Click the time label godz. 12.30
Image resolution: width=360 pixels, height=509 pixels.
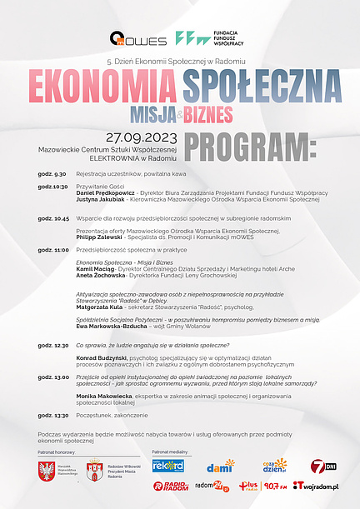point(52,344)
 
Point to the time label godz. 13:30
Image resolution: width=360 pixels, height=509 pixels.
point(52,415)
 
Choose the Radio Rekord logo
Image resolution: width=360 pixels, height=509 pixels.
point(168,465)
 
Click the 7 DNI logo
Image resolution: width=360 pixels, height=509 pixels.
point(322,465)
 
